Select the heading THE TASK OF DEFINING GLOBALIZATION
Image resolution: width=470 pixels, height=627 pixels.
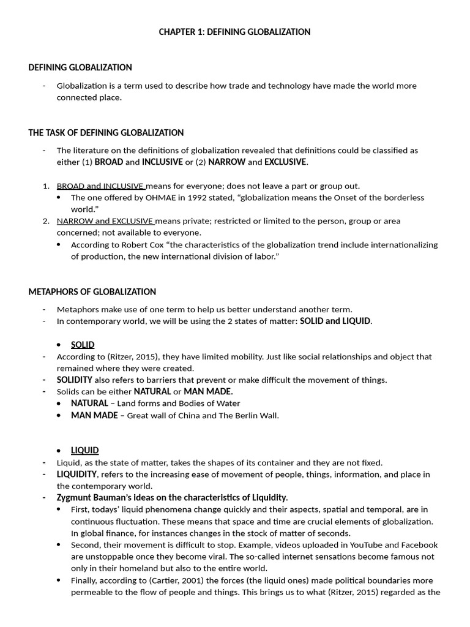[x=106, y=133]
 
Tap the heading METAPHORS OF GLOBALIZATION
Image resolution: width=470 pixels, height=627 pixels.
[x=92, y=292]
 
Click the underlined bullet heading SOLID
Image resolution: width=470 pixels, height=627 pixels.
[x=83, y=345]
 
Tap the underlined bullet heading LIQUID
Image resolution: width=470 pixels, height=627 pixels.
[x=84, y=451]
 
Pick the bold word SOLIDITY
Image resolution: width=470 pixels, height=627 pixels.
[x=75, y=380]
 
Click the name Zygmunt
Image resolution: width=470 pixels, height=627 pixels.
[x=75, y=497]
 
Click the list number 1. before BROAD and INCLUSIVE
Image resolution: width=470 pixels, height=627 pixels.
[x=46, y=186]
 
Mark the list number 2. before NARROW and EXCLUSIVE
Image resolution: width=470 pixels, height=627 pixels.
[x=46, y=221]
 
